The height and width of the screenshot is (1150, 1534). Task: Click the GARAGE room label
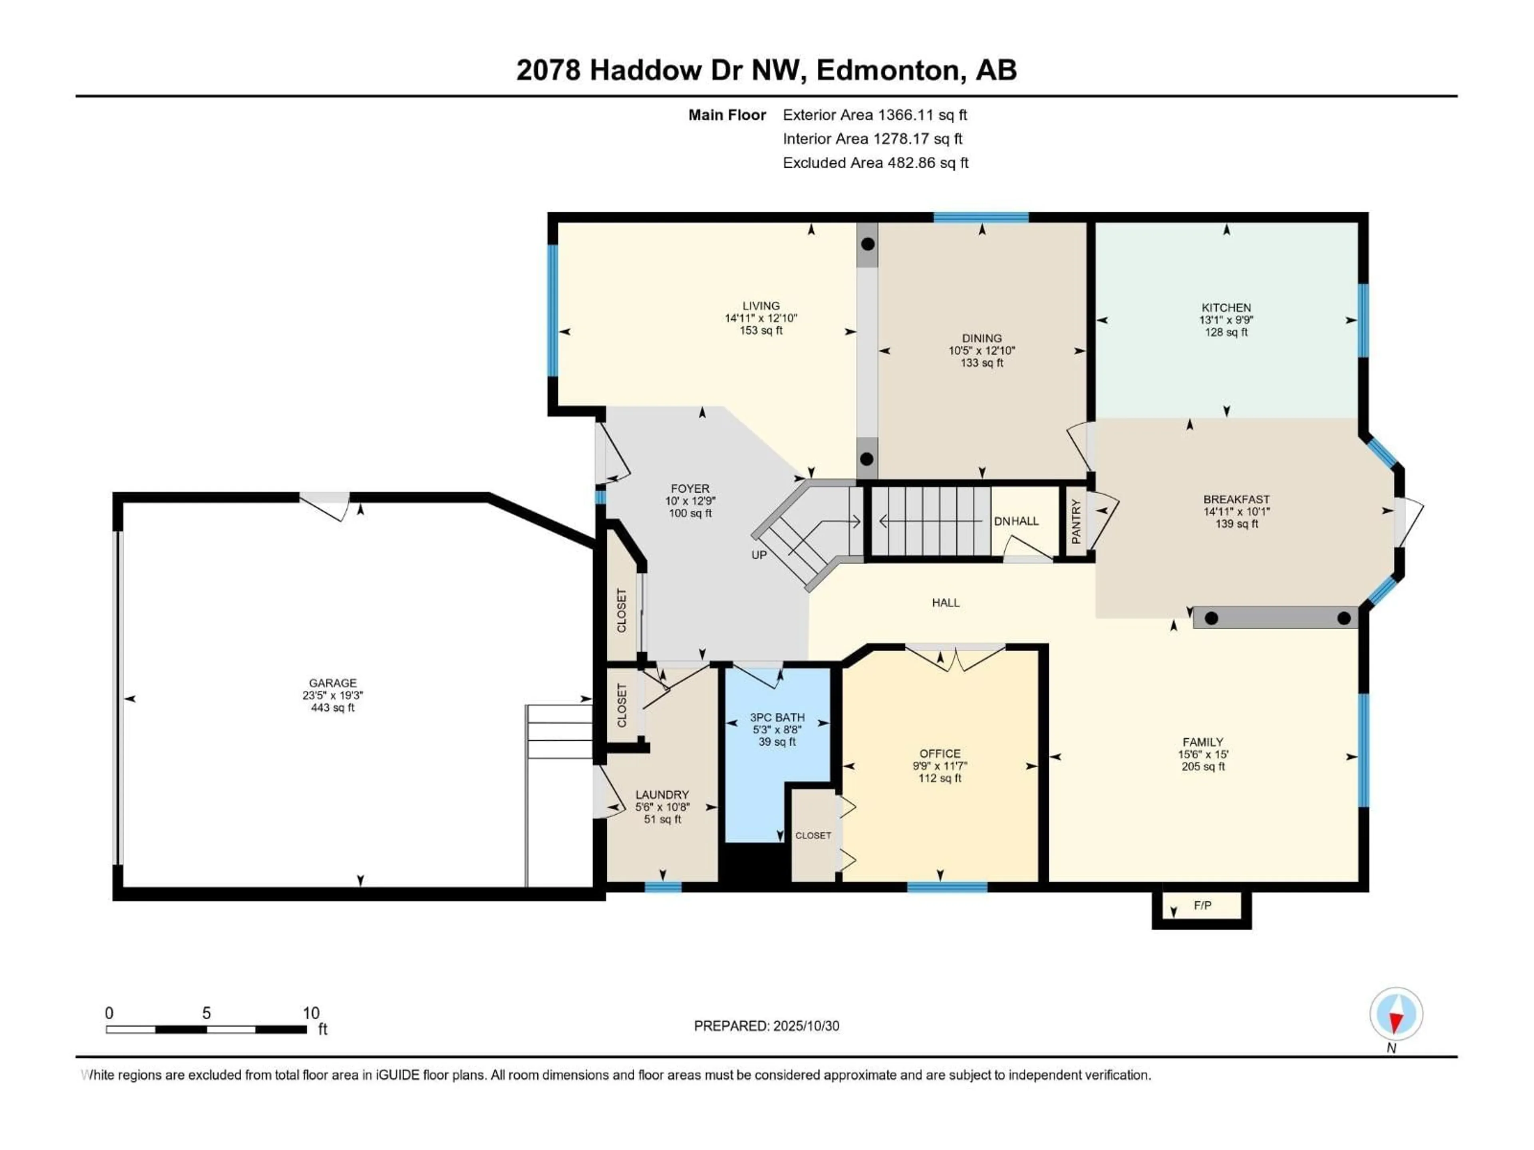[x=333, y=683]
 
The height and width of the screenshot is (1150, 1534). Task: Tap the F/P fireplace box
[x=1202, y=906]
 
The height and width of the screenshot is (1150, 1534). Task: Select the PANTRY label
[x=1076, y=521]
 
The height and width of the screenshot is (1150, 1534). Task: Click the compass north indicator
[x=1396, y=1014]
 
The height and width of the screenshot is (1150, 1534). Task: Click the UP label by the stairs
[x=759, y=555]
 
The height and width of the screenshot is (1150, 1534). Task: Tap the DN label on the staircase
[x=1001, y=521]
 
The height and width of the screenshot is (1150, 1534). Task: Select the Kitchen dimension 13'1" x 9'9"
[x=1226, y=320]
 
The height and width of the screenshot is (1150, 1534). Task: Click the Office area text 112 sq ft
[x=940, y=779]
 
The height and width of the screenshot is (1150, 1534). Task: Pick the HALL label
[x=945, y=603]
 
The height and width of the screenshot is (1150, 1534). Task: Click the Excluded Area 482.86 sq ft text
[x=875, y=163]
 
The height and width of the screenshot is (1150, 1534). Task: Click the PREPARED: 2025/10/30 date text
[x=766, y=1026]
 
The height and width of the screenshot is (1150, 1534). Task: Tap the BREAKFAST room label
[x=1236, y=499]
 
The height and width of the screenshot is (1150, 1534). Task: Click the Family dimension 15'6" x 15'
[x=1203, y=754]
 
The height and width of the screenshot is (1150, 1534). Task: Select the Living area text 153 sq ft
[x=761, y=331]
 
